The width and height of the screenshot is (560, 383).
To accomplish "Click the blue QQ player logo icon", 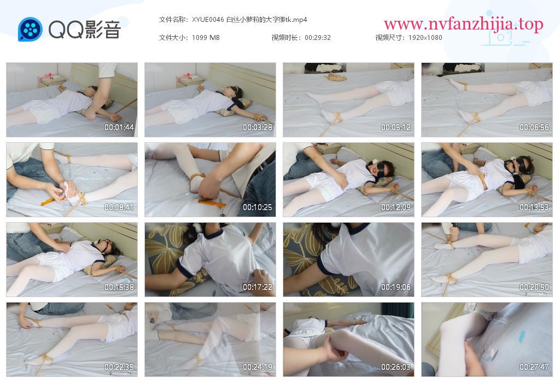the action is tap(31, 30).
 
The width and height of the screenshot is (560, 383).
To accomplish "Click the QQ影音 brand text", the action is tap(85, 30).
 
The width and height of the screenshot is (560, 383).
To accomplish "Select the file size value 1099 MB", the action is tap(206, 38).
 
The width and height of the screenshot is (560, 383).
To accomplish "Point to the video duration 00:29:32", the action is tap(318, 38).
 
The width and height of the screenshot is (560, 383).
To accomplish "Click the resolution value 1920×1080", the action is tap(425, 38).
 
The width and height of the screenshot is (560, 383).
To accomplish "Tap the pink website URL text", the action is tap(464, 24).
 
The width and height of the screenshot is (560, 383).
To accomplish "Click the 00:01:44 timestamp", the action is tap(119, 127).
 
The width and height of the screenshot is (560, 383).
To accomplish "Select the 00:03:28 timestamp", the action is tap(258, 127).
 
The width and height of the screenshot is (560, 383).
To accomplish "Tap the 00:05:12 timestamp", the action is tap(396, 127).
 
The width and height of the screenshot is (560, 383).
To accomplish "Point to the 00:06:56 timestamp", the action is tap(534, 127).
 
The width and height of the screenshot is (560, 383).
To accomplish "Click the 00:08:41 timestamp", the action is tap(119, 207).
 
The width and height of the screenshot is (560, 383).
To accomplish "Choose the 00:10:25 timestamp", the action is tap(258, 207).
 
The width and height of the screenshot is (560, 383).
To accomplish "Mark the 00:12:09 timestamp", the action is tap(396, 207).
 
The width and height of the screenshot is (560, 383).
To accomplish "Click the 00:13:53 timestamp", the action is tap(534, 207).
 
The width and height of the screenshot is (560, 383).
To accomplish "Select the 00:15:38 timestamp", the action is tap(119, 287).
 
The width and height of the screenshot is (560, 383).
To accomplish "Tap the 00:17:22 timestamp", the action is tap(258, 287).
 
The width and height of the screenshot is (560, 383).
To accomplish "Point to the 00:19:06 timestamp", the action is tap(396, 287).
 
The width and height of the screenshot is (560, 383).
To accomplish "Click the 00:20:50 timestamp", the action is tap(534, 287).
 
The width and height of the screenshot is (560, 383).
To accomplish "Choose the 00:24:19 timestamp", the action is tap(258, 367).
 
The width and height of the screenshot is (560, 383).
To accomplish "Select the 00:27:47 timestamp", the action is tap(534, 367).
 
